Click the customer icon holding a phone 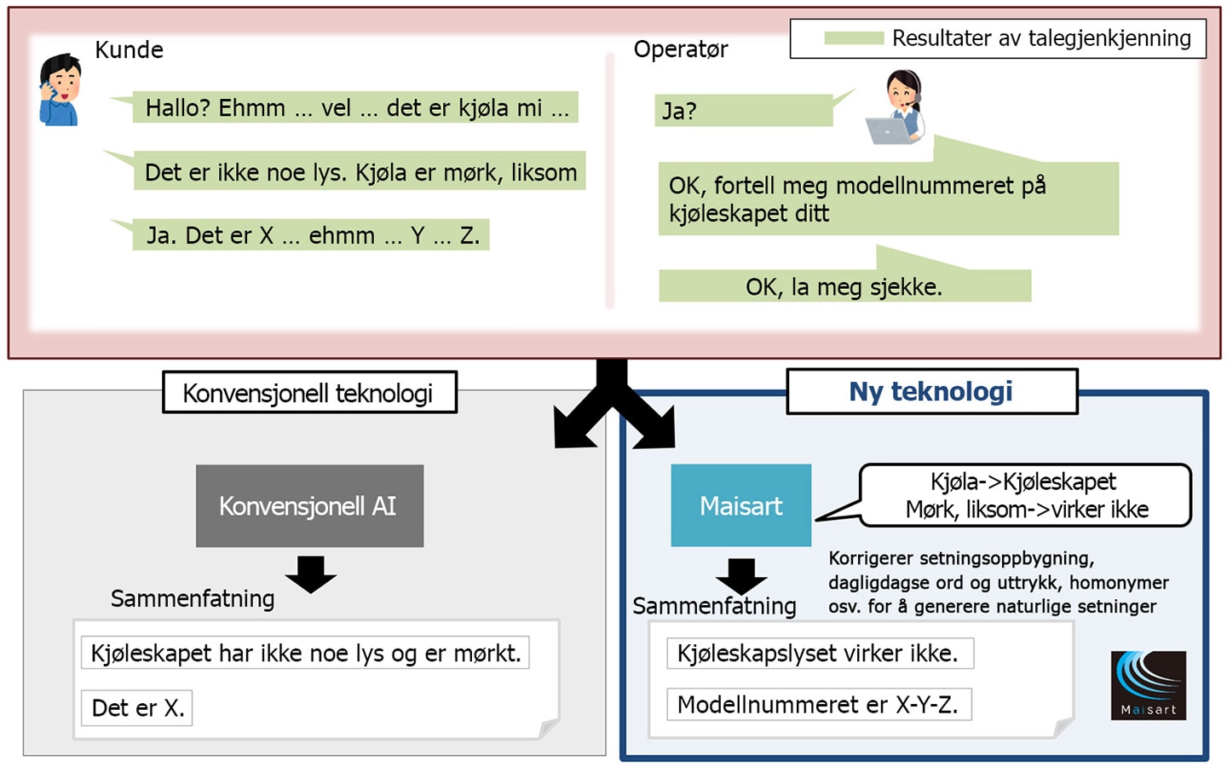click(x=60, y=89)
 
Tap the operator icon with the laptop click(x=896, y=107)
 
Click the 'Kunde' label click(x=130, y=49)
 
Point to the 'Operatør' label click(x=681, y=49)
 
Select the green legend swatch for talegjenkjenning click(x=854, y=37)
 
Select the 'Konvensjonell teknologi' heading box click(x=309, y=392)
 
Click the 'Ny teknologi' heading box click(x=932, y=391)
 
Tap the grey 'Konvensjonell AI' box click(x=309, y=505)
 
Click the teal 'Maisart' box click(x=741, y=505)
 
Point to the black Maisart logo click(x=1148, y=685)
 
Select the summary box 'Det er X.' click(x=137, y=708)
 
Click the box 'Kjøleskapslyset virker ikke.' click(x=820, y=653)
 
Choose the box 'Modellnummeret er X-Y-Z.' click(x=819, y=705)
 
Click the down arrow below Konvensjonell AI click(x=310, y=574)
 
